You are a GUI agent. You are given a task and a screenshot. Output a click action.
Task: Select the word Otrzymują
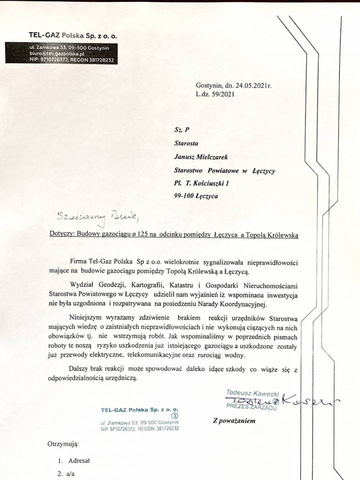[63, 443]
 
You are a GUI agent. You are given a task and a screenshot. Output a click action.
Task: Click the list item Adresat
[77, 460]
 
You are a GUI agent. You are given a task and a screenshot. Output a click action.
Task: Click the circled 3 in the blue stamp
[174, 414]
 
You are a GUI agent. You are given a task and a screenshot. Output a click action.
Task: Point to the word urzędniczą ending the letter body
[118, 378]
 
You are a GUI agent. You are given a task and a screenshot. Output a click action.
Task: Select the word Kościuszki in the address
[220, 183]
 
